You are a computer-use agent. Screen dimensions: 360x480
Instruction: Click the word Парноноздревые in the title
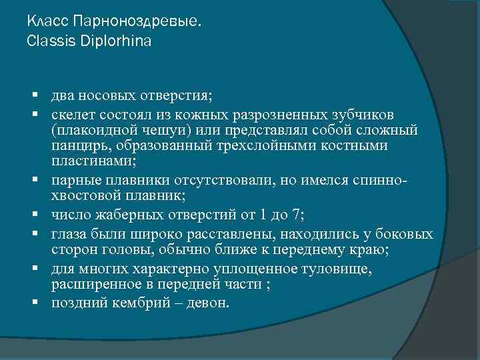point(137,22)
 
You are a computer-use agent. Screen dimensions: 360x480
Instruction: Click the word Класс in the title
point(50,22)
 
